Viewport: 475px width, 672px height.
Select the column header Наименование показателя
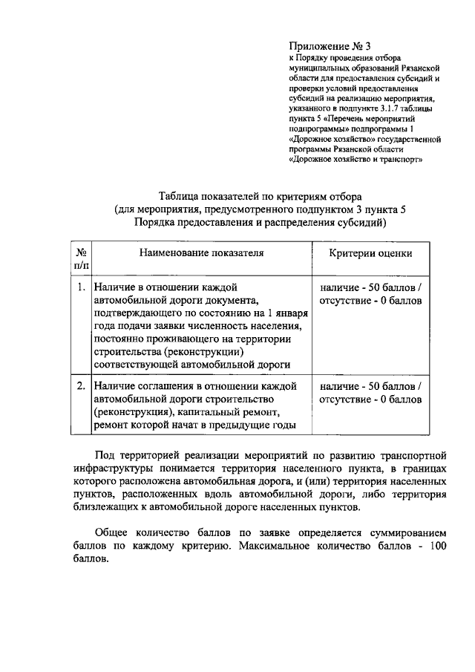pyautogui.click(x=202, y=252)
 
